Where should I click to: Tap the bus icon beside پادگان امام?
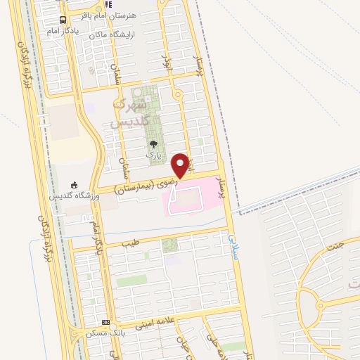[x=63, y=20]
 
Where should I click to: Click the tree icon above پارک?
[x=153, y=143]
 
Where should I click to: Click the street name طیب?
[x=131, y=243]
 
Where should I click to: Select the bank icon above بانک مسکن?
[x=106, y=322]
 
